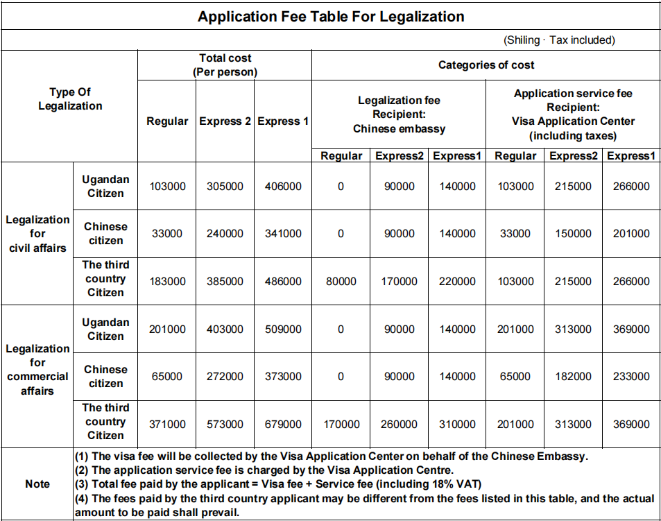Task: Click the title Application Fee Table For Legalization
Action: point(331,16)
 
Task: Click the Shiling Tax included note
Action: point(559,40)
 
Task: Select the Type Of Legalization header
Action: point(70,99)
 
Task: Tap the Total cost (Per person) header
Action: point(225,65)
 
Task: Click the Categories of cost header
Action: point(486,65)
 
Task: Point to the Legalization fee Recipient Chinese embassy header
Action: point(399,114)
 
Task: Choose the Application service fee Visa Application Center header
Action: point(573,114)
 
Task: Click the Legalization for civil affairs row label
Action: point(37,234)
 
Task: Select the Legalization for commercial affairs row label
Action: point(37,370)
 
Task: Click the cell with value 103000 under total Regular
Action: point(167,187)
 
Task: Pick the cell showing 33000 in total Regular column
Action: point(167,234)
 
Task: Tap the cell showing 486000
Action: point(283,282)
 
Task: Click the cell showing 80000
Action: point(341,282)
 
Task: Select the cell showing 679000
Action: point(283,425)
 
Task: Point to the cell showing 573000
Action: point(225,425)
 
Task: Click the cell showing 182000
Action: point(573,377)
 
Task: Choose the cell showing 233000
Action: point(631,377)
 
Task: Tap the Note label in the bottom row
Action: point(37,484)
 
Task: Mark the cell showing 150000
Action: point(573,234)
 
